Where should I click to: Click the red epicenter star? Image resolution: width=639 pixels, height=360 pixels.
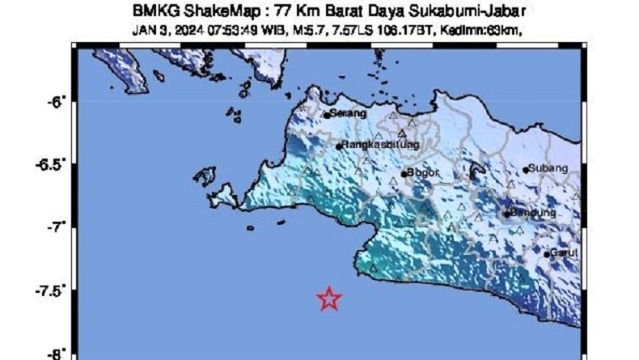pyautogui.click(x=328, y=299)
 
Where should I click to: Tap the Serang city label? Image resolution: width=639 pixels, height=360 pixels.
pyautogui.click(x=348, y=113)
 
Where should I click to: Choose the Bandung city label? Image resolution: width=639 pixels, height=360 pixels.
pyautogui.click(x=534, y=213)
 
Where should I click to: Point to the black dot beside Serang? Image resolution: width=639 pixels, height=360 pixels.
pyautogui.click(x=327, y=115)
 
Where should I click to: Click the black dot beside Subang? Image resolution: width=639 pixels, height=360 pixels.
pyautogui.click(x=526, y=170)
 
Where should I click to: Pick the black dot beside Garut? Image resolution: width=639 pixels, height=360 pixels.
pyautogui.click(x=548, y=255)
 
